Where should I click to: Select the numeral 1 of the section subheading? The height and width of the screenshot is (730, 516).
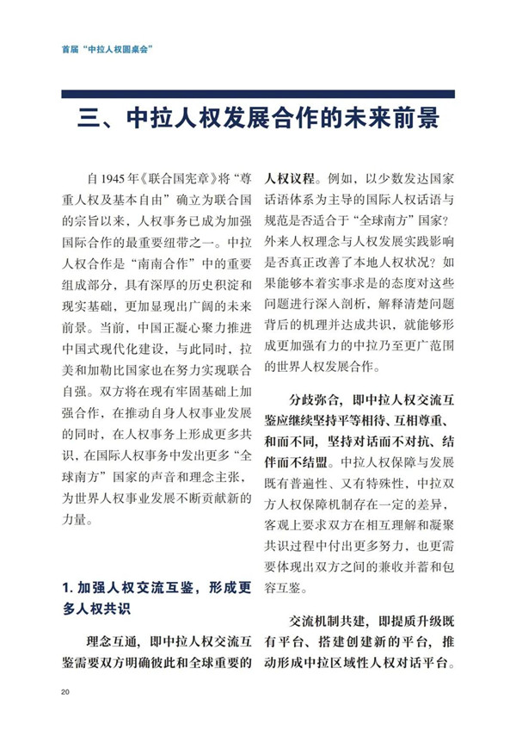pyautogui.click(x=65, y=589)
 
